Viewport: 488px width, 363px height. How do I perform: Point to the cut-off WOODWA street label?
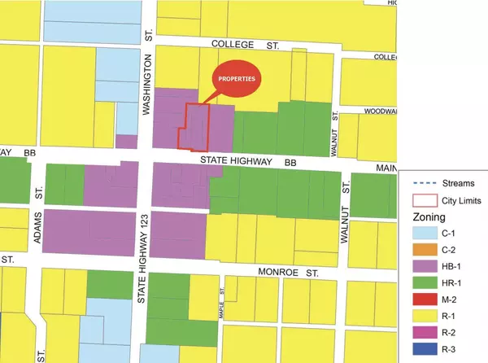(378, 112)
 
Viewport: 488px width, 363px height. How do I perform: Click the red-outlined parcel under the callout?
(194, 128)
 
